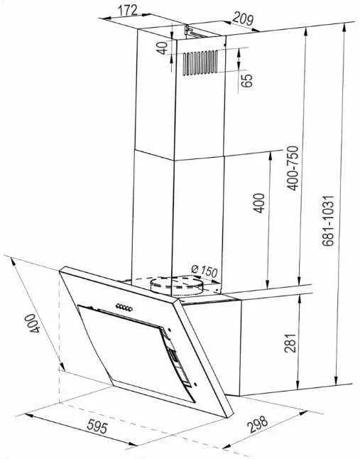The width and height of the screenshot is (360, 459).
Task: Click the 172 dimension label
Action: (x=128, y=10)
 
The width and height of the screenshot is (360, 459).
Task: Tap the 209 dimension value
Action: (x=242, y=19)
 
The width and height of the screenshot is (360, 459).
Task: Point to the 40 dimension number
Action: (x=162, y=48)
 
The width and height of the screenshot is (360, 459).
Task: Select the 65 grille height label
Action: (x=247, y=80)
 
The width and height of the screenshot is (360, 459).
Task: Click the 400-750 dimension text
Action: (x=292, y=168)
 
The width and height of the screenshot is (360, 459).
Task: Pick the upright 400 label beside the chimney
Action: (x=258, y=203)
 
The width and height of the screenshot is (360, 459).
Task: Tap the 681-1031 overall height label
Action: (x=328, y=221)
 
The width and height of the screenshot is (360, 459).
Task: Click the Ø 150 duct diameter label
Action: (x=204, y=271)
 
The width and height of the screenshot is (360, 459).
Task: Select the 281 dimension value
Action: (x=290, y=342)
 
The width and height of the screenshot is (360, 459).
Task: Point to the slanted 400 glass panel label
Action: (x=33, y=323)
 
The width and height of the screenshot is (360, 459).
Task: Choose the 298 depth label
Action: (x=257, y=424)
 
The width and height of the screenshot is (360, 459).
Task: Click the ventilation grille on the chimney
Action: (x=200, y=63)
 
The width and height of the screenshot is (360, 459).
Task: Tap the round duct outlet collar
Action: (x=176, y=286)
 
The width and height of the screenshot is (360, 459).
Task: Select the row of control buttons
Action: (x=124, y=307)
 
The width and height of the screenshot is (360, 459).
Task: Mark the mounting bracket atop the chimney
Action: (x=195, y=32)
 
